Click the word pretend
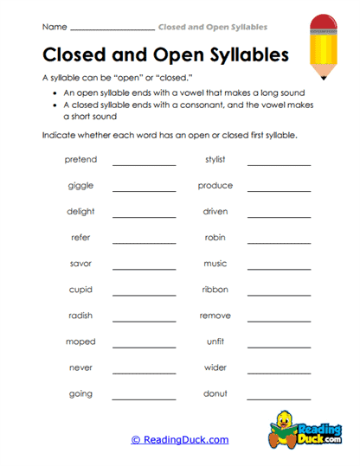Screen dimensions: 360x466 [x=80, y=160]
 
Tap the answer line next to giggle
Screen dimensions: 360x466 [x=144, y=190]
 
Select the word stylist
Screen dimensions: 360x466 [x=215, y=160]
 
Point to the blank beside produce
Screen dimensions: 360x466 [x=279, y=190]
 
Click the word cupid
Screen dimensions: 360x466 [x=80, y=290]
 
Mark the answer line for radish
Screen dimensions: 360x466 [x=144, y=320]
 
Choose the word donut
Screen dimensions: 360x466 [x=215, y=393]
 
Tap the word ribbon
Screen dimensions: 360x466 [x=215, y=290]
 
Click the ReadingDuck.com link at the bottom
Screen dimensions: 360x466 [x=180, y=440]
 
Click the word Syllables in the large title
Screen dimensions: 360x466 [x=244, y=56]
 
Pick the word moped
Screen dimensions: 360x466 [x=80, y=342]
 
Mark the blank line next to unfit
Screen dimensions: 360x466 [x=279, y=346]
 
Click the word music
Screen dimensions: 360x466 [x=215, y=264]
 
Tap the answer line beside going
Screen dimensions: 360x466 [x=144, y=398]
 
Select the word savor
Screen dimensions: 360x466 [x=80, y=264]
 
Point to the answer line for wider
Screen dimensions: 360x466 [x=279, y=372]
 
